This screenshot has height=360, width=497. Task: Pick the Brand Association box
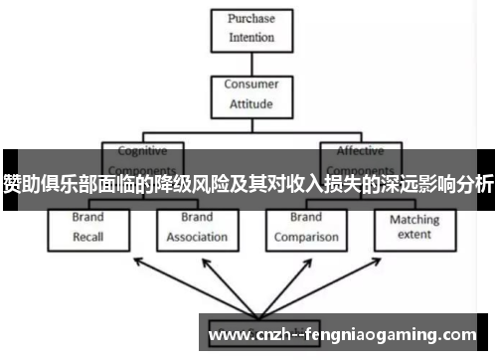click(197, 227)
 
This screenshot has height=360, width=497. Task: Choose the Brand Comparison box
click(305, 227)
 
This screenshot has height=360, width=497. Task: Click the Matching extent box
click(414, 227)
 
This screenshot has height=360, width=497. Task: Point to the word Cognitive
click(142, 151)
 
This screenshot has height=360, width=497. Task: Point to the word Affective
click(360, 151)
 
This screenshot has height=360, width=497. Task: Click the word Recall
click(87, 238)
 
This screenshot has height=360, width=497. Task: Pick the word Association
click(197, 238)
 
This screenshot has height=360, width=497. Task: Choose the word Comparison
click(305, 238)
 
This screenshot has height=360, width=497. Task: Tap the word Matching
click(414, 219)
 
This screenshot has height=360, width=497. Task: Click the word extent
click(414, 236)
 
